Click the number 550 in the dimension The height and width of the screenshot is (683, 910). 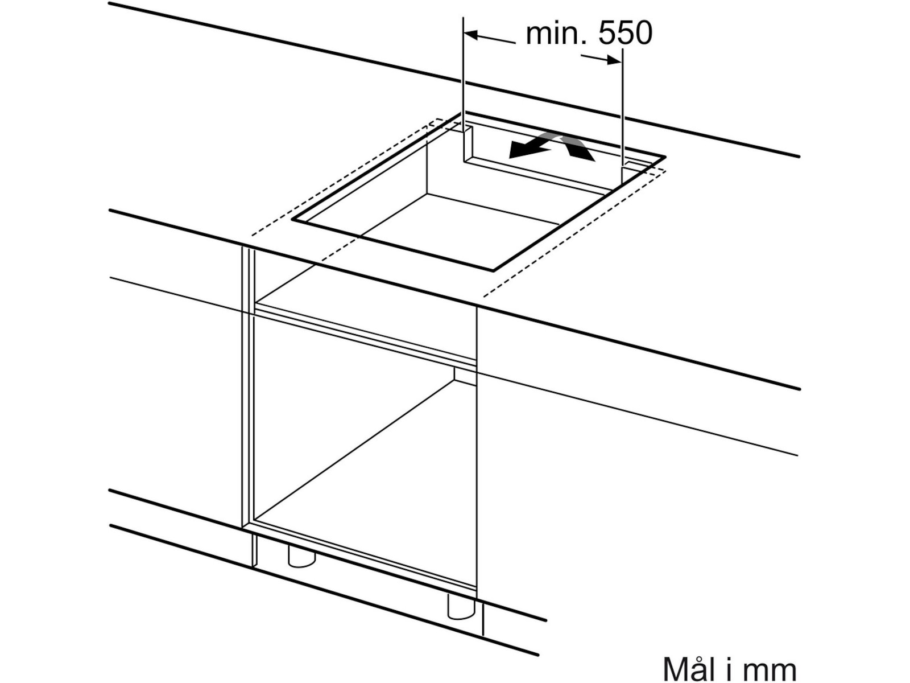point(625,34)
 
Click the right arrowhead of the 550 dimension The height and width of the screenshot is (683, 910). point(614,60)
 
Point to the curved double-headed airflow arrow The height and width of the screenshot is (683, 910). point(552,146)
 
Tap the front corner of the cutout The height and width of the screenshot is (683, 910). point(493,269)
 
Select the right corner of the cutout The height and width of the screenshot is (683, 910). point(664,156)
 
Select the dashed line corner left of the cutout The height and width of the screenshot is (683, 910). point(252,234)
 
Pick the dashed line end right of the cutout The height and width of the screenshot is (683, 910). point(484,296)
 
